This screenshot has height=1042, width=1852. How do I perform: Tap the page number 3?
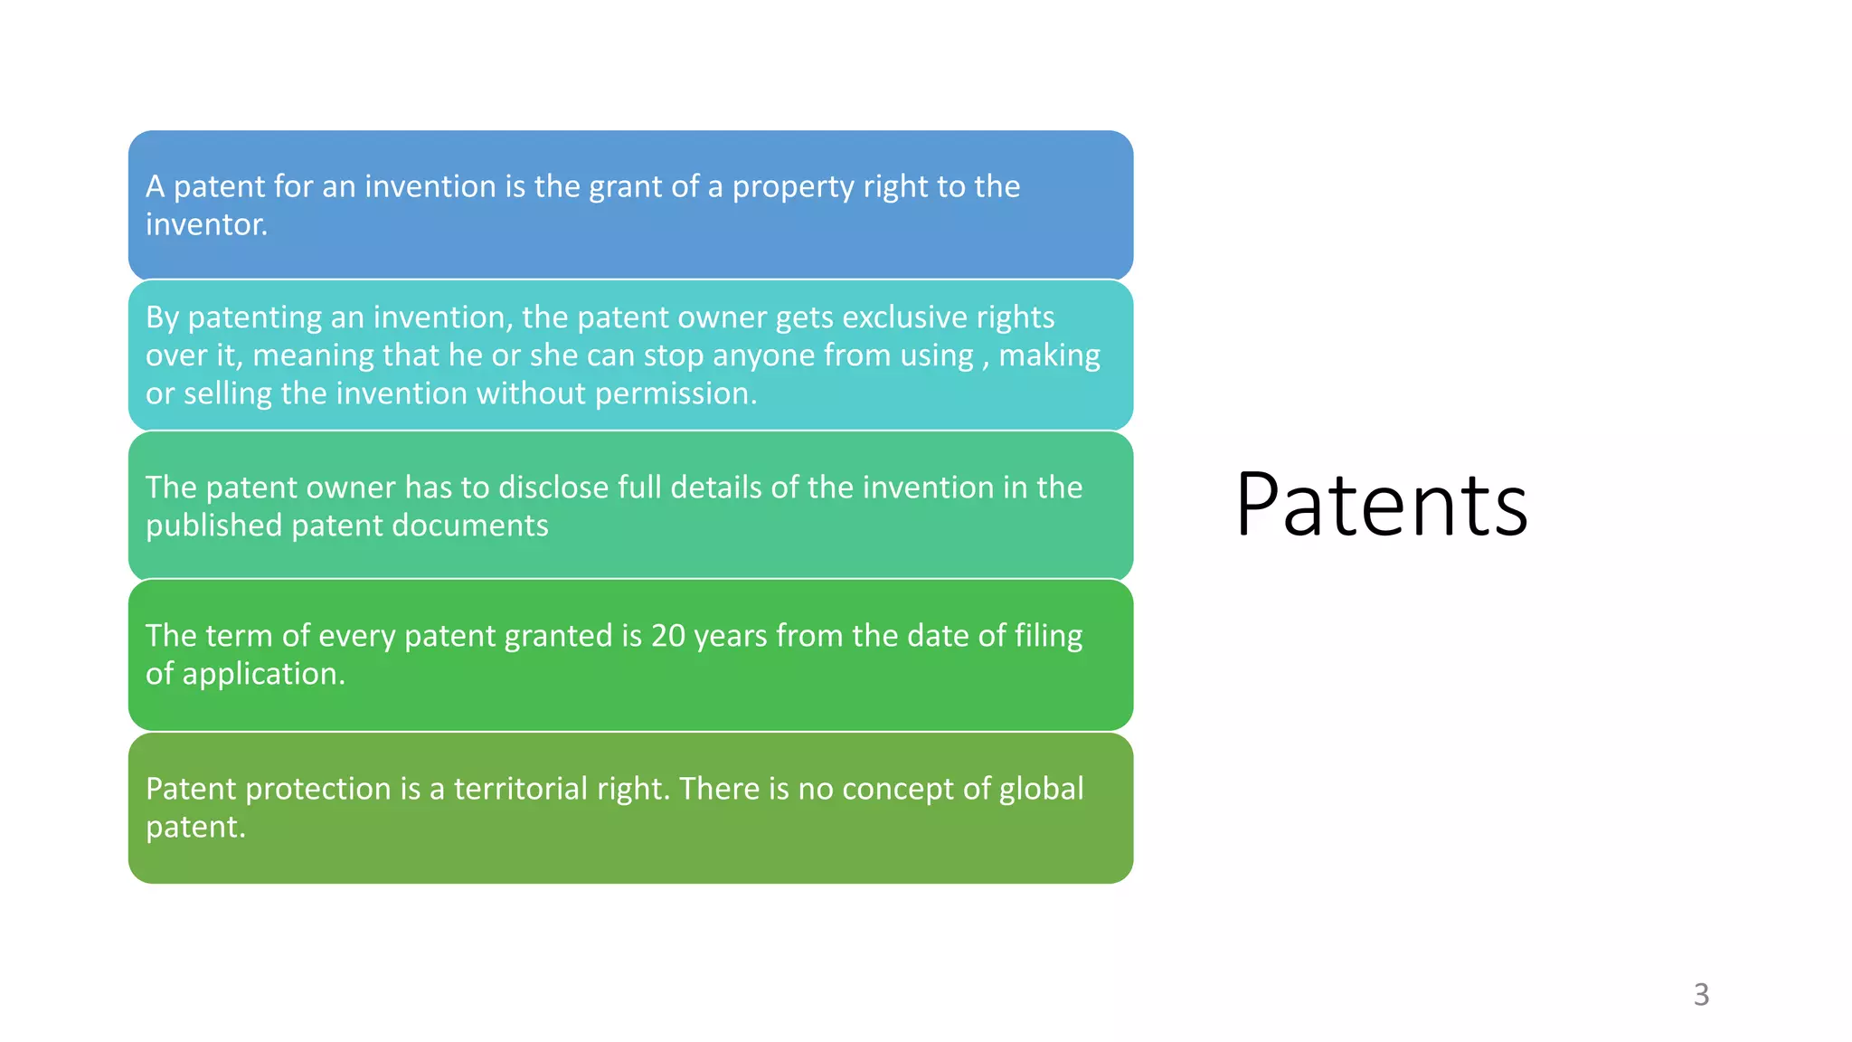pos(1701,994)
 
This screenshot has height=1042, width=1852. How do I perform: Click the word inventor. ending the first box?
pos(206,224)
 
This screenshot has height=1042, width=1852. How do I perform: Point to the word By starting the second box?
pos(163,318)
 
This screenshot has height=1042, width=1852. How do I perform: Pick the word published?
pos(213,526)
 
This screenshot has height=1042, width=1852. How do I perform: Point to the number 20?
pos(668,636)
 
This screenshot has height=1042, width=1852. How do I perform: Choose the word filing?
pos(1048,636)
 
